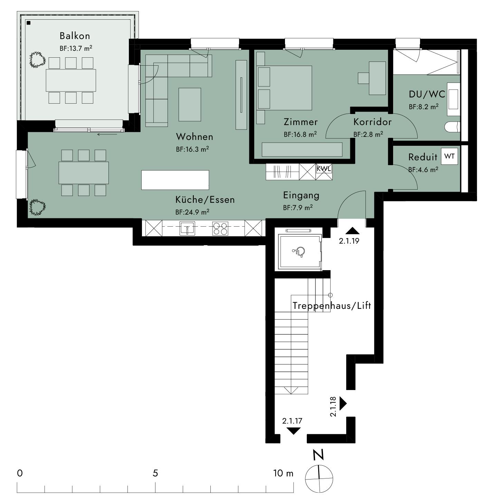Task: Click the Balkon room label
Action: tap(75, 36)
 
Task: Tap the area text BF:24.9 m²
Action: tap(192, 212)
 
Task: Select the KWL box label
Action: tap(324, 169)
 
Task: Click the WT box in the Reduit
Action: tap(449, 156)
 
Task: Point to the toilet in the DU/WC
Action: tap(452, 127)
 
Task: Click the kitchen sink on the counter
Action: tap(187, 228)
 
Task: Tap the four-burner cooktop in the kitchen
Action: tap(220, 228)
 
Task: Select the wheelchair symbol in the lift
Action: tap(299, 252)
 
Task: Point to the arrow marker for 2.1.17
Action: tap(293, 431)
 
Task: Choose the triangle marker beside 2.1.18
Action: tap(343, 403)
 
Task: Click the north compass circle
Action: tap(319, 479)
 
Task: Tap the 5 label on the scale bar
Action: tap(155, 473)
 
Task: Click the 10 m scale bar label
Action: tap(283, 473)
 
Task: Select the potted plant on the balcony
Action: tap(37, 60)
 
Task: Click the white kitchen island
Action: tap(175, 180)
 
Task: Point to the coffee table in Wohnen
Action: tap(190, 104)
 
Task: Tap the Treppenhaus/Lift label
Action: tap(332, 306)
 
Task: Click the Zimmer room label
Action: tap(301, 122)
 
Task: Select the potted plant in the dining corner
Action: tap(37, 207)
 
